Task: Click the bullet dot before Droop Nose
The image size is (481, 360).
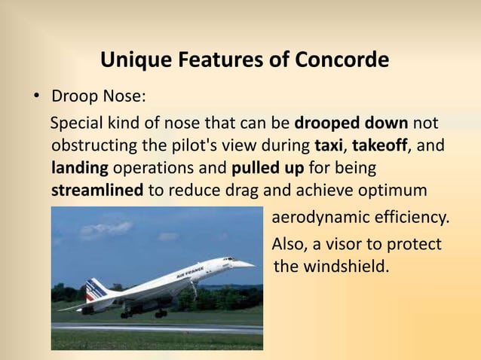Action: pyautogui.click(x=35, y=99)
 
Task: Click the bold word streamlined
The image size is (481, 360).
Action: pyautogui.click(x=97, y=189)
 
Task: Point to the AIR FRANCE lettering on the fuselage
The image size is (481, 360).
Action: pyautogui.click(x=190, y=269)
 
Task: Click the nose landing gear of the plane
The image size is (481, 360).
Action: pyautogui.click(x=194, y=290)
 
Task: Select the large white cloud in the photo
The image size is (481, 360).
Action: pyautogui.click(x=105, y=230)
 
